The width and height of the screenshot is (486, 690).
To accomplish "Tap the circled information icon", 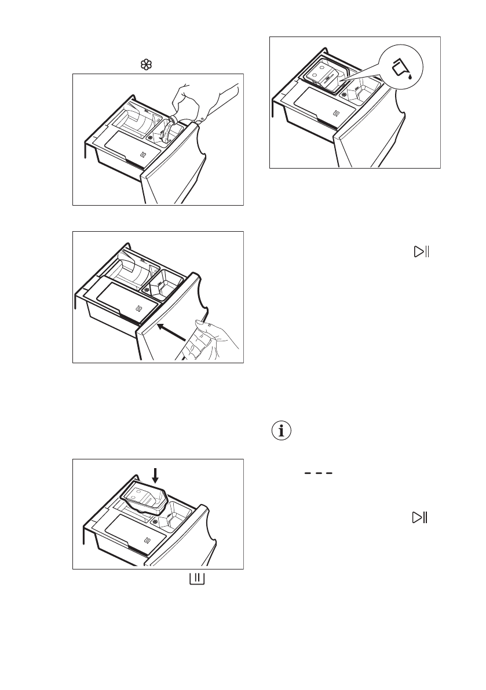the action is (x=282, y=432).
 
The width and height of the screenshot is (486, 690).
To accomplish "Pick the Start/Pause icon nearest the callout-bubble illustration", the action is (x=420, y=252).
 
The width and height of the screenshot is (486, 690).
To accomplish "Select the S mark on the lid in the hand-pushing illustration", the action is (x=138, y=308).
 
